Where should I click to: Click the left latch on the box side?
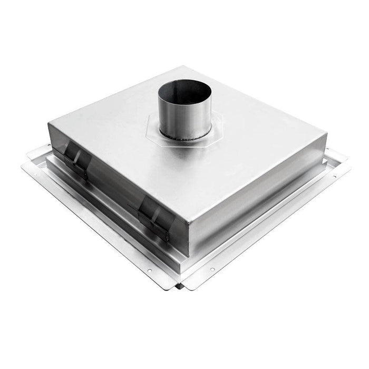pos(77,158)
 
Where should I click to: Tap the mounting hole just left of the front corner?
pos(149,271)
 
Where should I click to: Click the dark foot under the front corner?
pos(181,286)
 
